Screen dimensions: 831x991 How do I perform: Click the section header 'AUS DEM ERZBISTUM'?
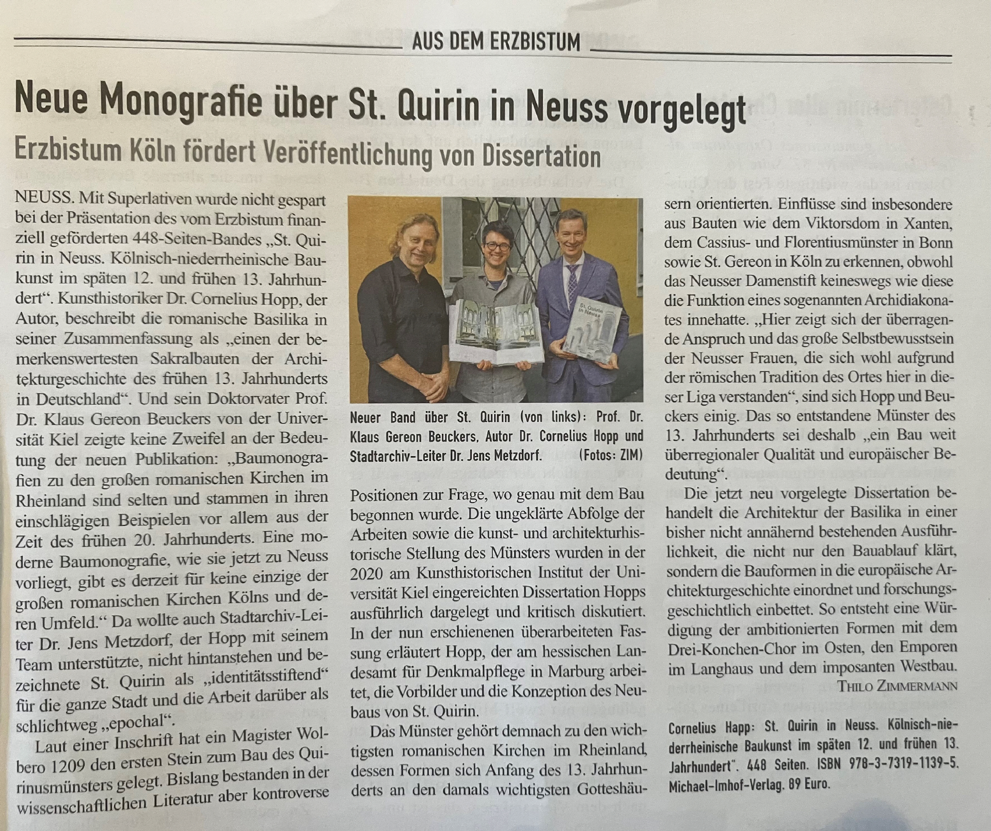pos(496,42)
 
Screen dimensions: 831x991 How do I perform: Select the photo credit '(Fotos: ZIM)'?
pos(611,456)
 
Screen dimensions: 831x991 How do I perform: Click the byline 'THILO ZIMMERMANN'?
pos(897,686)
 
